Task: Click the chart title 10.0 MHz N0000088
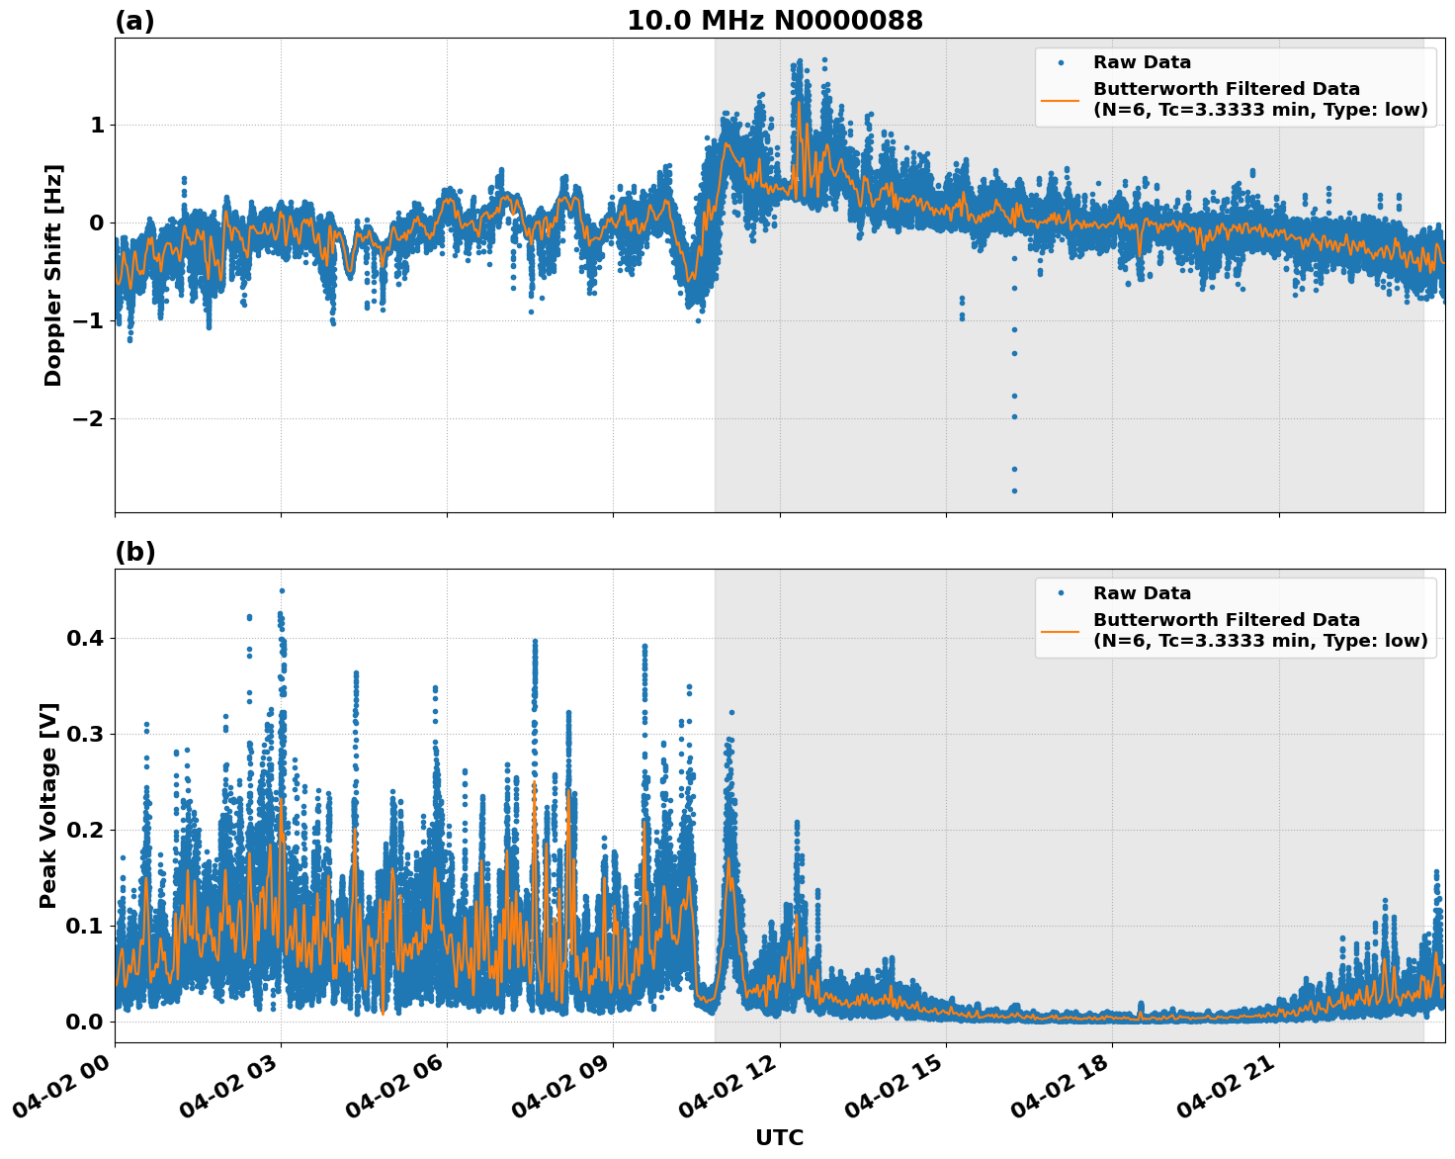coord(775,21)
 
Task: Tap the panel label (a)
coord(134,21)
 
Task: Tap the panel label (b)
coord(134,552)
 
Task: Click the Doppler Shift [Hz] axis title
coord(53,275)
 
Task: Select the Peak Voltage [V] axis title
coord(48,805)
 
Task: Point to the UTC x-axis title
coord(779,1137)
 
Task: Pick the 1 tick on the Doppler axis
coord(97,125)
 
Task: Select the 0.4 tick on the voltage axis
coord(85,638)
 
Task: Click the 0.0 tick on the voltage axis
coord(85,1022)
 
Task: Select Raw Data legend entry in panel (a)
coord(1142,62)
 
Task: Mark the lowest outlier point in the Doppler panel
coord(1014,490)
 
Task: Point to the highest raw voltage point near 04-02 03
coord(282,590)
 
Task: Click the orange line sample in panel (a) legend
coord(1060,99)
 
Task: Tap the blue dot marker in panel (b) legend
coord(1060,593)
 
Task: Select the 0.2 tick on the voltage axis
coord(85,830)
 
